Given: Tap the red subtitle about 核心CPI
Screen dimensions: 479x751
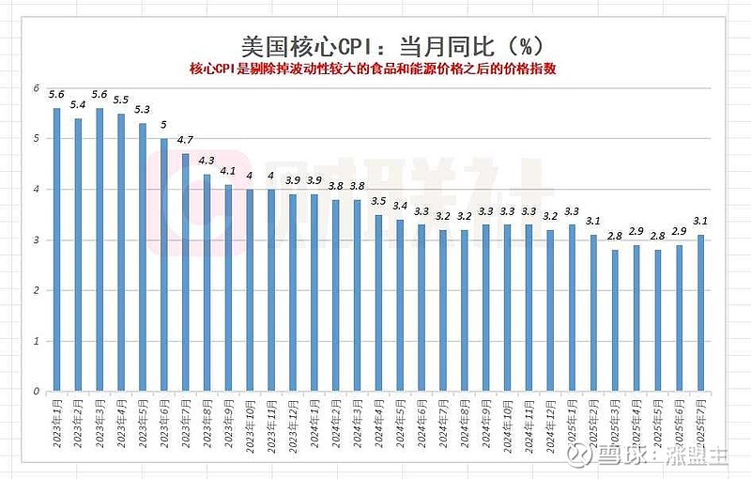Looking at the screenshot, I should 374,70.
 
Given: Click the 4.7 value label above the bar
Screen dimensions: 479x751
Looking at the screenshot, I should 185,141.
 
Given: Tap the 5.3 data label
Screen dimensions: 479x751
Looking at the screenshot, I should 142,110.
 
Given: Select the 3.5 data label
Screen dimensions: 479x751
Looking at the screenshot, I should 378,201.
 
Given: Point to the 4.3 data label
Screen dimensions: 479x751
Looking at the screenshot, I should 207,161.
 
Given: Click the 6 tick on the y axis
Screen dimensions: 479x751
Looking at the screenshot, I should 36,88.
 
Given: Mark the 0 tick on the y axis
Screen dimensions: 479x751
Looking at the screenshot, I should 36,392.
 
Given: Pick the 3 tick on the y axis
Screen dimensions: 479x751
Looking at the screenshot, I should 36,240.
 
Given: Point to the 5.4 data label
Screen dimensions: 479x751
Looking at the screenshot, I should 78,105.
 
